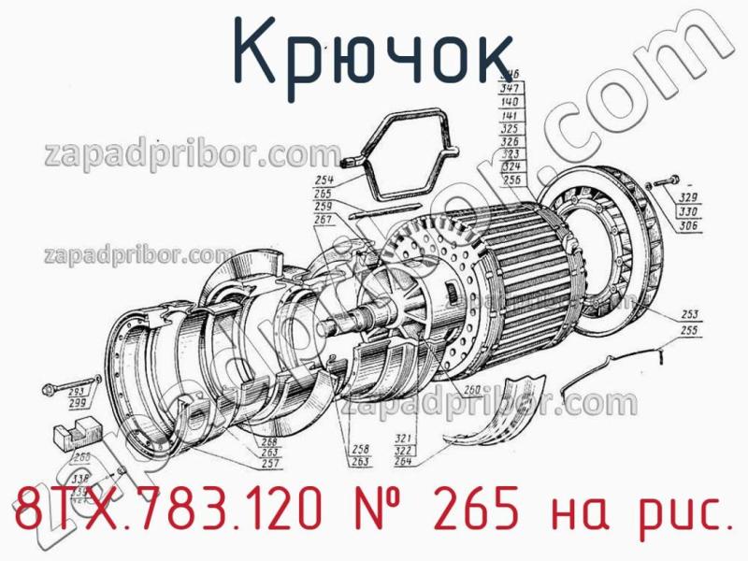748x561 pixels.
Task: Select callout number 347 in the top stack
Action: pyautogui.click(x=511, y=87)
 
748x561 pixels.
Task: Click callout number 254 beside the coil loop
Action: pyautogui.click(x=324, y=180)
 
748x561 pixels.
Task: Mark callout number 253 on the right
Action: pyautogui.click(x=691, y=315)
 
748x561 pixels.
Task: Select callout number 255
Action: pyautogui.click(x=691, y=329)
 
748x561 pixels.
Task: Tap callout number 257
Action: pyautogui.click(x=271, y=464)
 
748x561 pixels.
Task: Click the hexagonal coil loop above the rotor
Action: pyautogui.click(x=402, y=154)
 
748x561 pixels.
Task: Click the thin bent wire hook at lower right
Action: pyautogui.click(x=617, y=365)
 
